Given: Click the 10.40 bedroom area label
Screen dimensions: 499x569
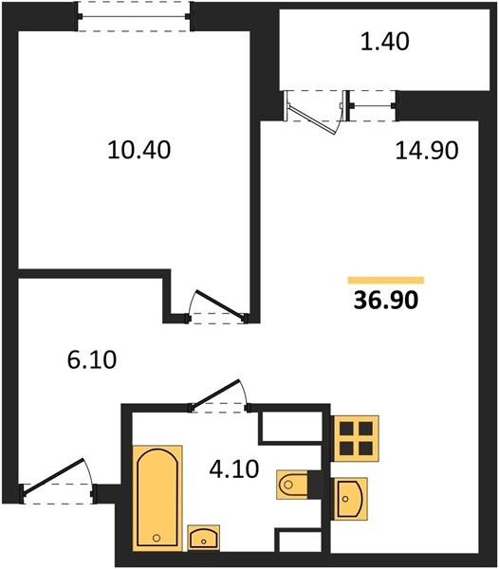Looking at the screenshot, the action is click(x=139, y=150).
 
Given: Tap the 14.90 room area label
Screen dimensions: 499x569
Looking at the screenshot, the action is click(x=426, y=151).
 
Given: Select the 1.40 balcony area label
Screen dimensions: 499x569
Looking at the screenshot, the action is click(x=384, y=41).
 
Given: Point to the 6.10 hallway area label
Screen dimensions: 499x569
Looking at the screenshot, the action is click(x=92, y=359).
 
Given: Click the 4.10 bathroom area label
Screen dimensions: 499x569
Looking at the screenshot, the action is click(x=234, y=468).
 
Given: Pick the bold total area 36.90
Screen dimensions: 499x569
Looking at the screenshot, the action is click(x=386, y=301).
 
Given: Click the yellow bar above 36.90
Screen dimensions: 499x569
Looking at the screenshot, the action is click(x=386, y=280).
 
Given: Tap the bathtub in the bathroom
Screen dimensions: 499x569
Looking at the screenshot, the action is click(x=157, y=498).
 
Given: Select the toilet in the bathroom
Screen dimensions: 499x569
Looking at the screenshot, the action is click(x=292, y=485).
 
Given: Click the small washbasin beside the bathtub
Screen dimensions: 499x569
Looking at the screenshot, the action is click(x=204, y=538).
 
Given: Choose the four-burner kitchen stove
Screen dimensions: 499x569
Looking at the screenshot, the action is click(x=356, y=438).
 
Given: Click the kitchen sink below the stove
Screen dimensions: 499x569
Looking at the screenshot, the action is click(x=350, y=499).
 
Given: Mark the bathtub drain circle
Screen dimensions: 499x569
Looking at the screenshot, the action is click(x=157, y=538).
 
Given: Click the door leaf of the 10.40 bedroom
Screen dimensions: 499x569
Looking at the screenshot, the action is click(x=219, y=305).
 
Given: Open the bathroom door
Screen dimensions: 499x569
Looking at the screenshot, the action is click(x=215, y=395).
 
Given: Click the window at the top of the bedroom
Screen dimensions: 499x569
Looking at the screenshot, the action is click(x=134, y=16).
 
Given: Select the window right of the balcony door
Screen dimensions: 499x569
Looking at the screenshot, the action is click(x=373, y=105).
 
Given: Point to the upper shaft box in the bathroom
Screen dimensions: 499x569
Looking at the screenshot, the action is click(x=291, y=427).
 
